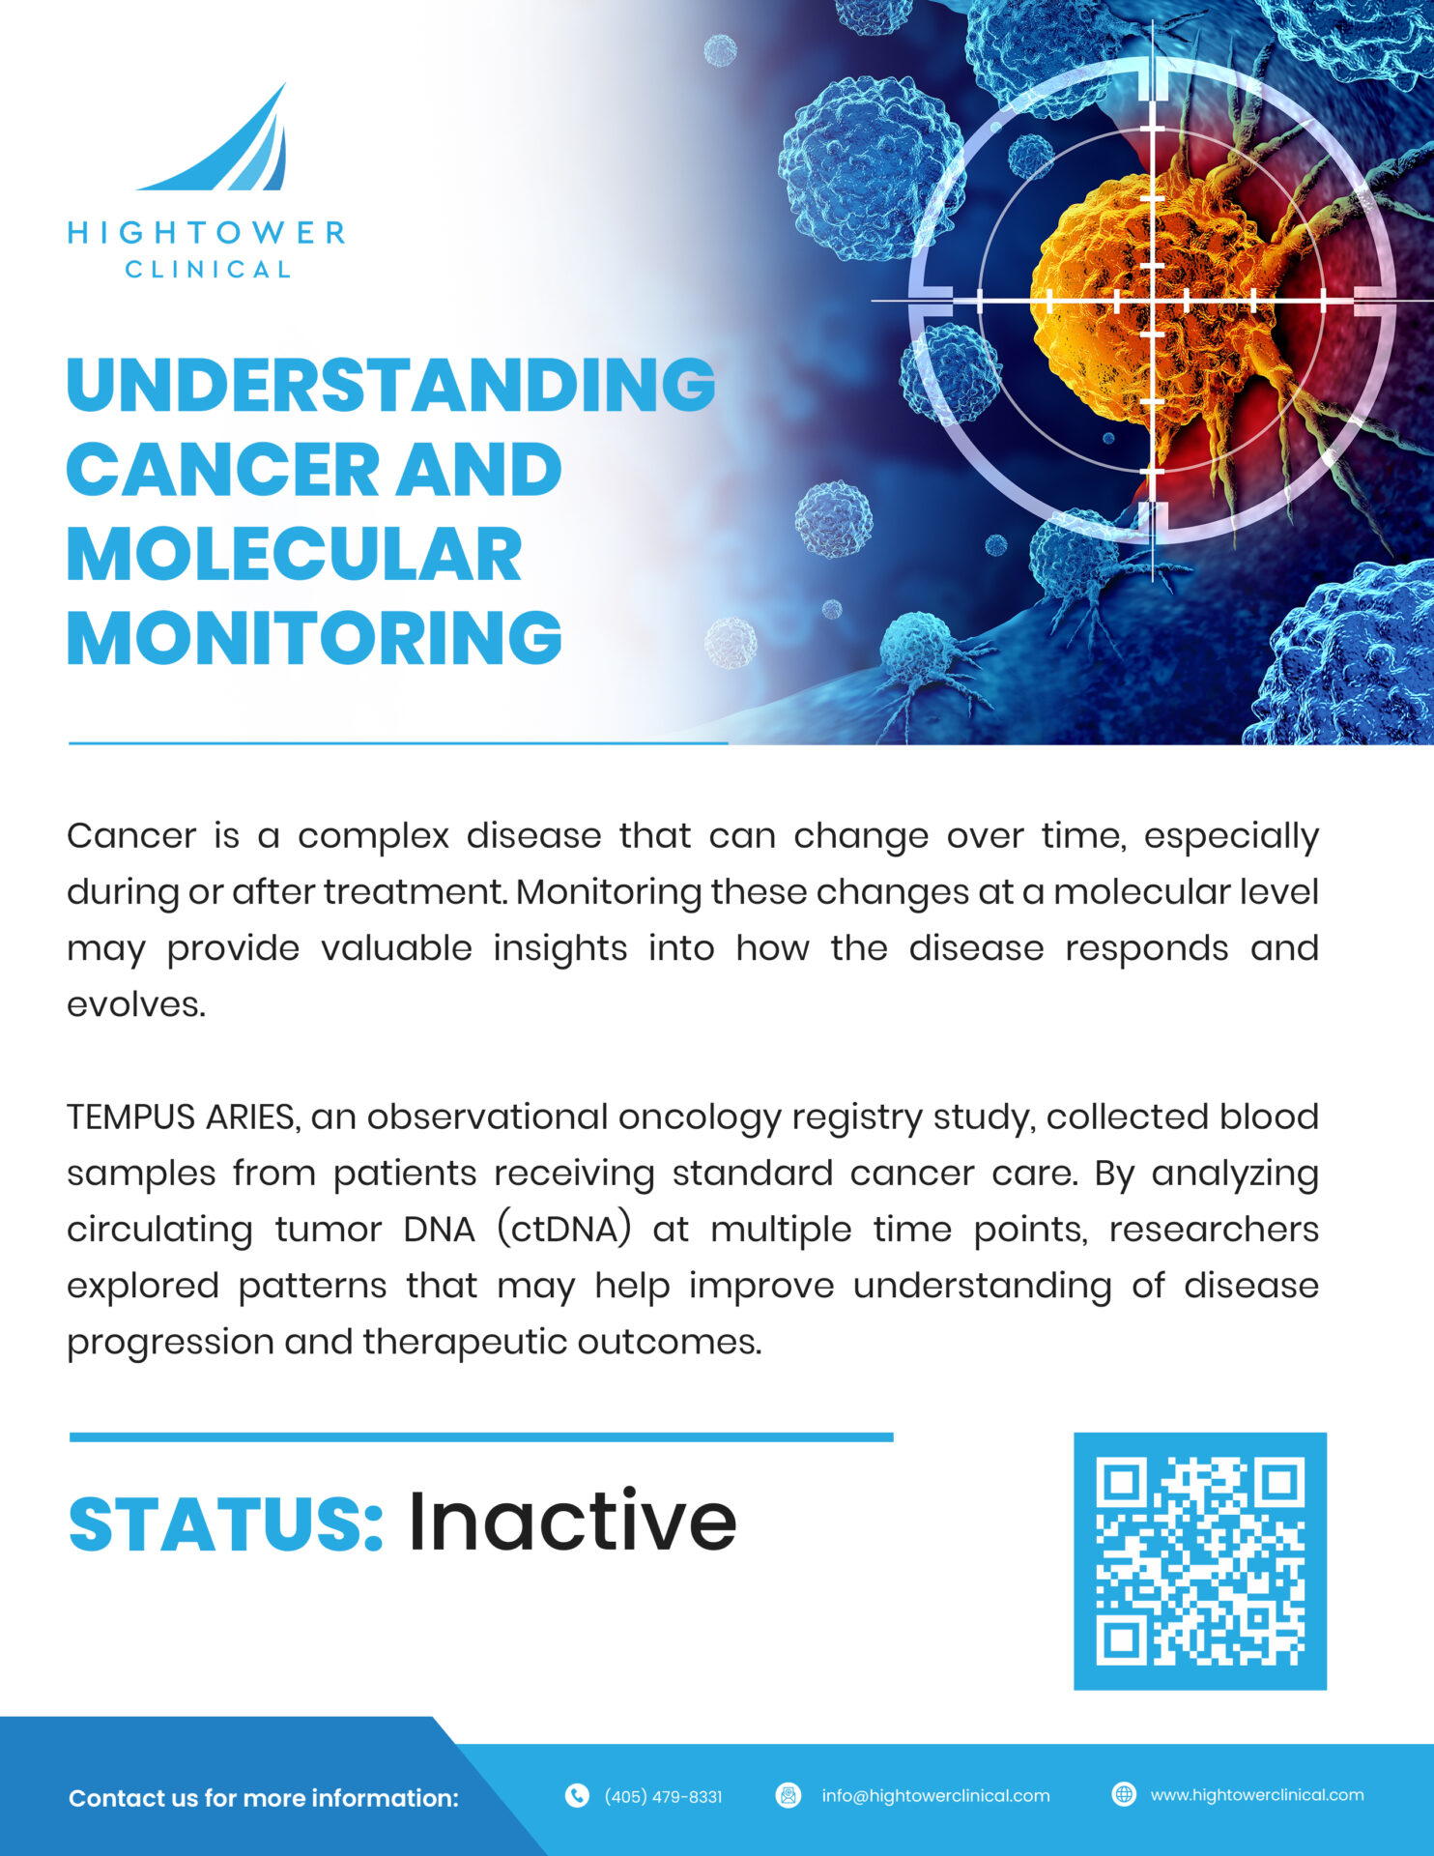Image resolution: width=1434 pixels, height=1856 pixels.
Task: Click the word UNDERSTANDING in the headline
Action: coord(391,385)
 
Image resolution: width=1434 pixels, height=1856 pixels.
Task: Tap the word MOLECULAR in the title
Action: coord(295,555)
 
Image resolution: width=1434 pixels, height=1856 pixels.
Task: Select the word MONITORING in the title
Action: coord(314,639)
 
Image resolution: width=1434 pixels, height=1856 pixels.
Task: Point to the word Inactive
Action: coord(572,1522)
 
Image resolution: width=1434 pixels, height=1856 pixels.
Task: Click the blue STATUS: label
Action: coord(226,1524)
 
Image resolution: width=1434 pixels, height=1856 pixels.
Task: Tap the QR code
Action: coord(1200,1561)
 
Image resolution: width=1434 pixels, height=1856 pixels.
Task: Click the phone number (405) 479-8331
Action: coord(663,1797)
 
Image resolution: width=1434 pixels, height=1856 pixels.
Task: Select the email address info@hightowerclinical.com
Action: coord(935,1796)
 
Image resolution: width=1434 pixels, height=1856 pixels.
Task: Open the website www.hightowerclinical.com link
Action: coord(1257,1795)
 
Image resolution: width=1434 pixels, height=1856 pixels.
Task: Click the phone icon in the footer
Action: coord(577,1796)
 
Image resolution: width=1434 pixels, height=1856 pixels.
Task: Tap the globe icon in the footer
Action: coord(1124,1795)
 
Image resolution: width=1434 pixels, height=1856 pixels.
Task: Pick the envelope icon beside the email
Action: coord(789,1796)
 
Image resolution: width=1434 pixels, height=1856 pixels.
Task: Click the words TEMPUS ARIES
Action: coord(181,1117)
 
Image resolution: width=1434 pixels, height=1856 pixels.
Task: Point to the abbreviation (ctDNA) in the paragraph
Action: coord(564,1230)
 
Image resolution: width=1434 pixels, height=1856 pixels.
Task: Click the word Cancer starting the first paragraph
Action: coord(131,836)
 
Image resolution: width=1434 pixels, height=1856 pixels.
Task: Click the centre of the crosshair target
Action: coord(1153,301)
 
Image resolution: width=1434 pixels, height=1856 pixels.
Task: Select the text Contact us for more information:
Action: coord(264,1798)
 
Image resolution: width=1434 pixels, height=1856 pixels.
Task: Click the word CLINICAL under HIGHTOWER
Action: coord(208,270)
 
